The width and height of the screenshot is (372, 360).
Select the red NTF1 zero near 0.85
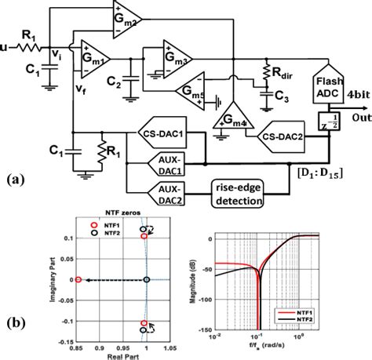(78, 278)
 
